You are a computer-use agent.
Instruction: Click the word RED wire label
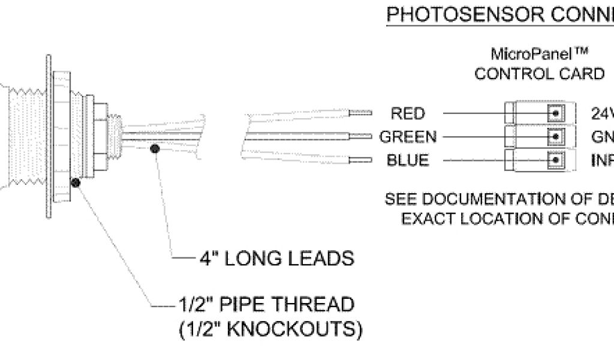click(408, 113)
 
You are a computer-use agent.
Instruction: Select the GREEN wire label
click(408, 137)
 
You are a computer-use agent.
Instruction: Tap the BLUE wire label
click(408, 161)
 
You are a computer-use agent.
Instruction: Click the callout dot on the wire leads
click(155, 148)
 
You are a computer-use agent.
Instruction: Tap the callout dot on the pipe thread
click(76, 183)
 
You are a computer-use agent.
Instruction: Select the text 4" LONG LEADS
click(276, 259)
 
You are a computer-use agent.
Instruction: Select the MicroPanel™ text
click(538, 55)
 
